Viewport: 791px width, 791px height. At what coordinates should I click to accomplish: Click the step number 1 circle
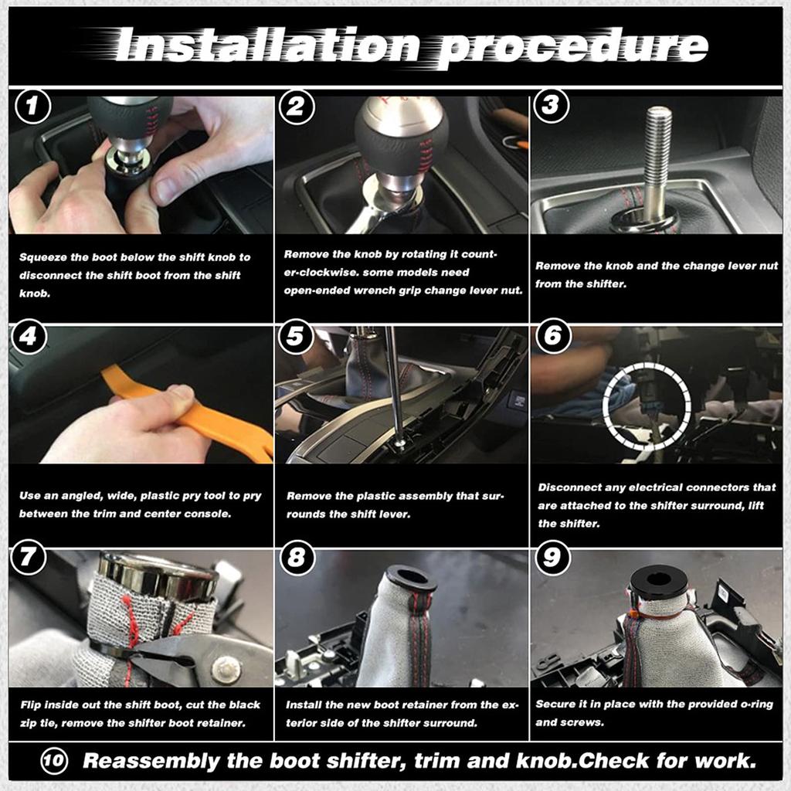click(32, 107)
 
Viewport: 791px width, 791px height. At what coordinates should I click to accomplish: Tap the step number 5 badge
click(297, 338)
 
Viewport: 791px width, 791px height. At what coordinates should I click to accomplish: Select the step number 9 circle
click(553, 557)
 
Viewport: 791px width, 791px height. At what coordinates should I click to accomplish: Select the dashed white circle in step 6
click(647, 405)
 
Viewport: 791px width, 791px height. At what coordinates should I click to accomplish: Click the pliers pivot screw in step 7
click(226, 669)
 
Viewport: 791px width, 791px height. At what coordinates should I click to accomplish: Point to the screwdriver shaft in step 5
click(393, 386)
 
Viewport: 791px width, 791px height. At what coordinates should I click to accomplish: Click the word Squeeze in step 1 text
click(42, 257)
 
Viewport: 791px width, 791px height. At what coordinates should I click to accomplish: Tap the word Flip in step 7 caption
click(30, 705)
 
